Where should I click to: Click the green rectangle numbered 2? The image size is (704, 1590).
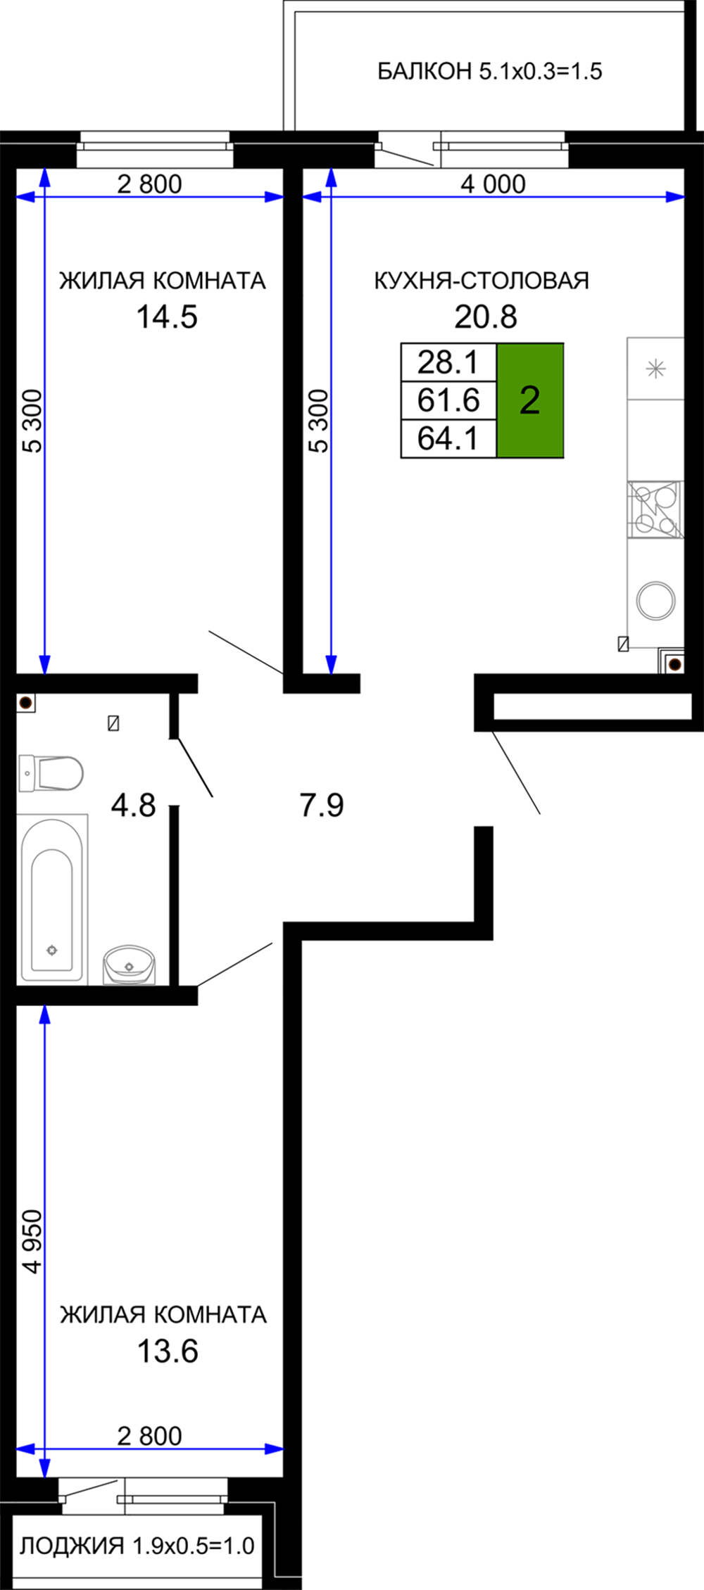click(529, 400)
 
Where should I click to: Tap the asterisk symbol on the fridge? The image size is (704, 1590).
click(655, 369)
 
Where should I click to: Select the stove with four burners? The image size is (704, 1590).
click(655, 509)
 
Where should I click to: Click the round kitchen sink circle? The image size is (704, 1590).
click(655, 601)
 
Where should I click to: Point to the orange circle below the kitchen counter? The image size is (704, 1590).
click(674, 664)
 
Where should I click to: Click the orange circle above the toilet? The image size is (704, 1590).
click(25, 702)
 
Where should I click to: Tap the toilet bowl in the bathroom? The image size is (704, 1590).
click(60, 773)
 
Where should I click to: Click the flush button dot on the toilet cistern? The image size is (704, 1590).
click(27, 773)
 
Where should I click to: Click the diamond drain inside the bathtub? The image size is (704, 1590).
click(52, 950)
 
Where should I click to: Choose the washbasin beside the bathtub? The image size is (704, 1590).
click(129, 964)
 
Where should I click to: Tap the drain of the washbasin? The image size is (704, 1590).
click(129, 967)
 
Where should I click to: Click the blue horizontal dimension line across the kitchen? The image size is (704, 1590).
click(493, 197)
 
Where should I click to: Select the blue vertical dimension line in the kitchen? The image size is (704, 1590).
click(331, 422)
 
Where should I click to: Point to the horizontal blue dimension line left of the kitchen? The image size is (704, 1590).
click(150, 197)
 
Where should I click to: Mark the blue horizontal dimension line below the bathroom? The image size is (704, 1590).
click(150, 1449)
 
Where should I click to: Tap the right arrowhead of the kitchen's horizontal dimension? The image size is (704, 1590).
click(676, 197)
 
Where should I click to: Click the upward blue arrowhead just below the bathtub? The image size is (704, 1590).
click(44, 1015)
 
